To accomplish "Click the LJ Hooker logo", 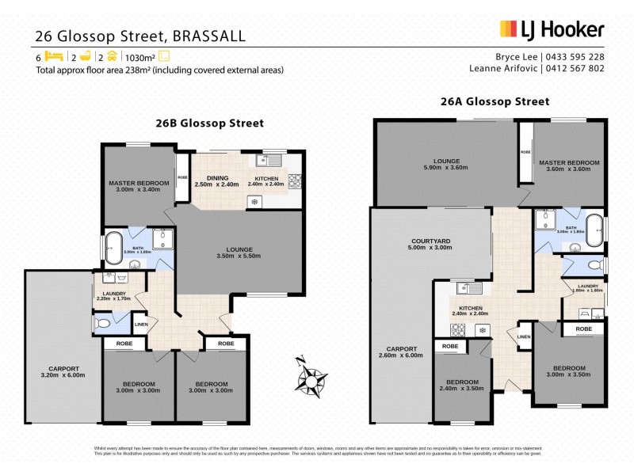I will click(552, 30).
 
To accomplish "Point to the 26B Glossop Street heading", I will click(209, 123).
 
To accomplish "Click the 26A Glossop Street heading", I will click(495, 101).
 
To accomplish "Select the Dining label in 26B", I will click(217, 177).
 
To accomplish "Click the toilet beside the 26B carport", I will click(101, 324).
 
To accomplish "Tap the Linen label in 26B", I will click(140, 325).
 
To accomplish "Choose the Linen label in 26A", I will click(524, 337).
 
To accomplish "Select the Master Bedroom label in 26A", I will click(569, 162).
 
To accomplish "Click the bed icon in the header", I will click(54, 57).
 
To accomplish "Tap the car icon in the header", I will click(113, 57).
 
